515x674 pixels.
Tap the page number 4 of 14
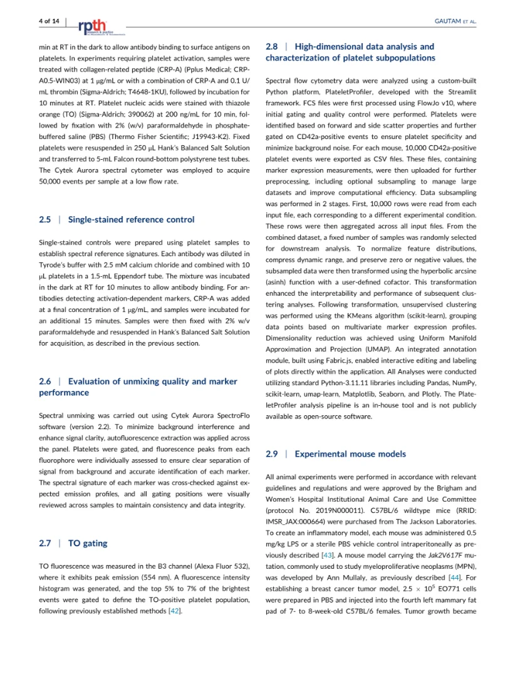click(48, 21)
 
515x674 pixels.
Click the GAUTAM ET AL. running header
click(455, 21)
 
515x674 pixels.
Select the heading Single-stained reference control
click(131, 220)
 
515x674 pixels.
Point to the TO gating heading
click(88, 543)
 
